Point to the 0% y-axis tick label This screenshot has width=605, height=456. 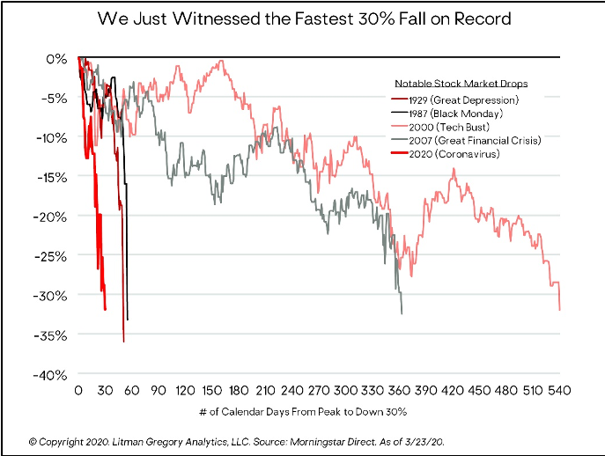click(x=57, y=58)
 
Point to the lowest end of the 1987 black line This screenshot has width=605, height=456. click(x=128, y=320)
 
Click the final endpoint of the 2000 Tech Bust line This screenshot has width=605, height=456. click(x=560, y=310)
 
